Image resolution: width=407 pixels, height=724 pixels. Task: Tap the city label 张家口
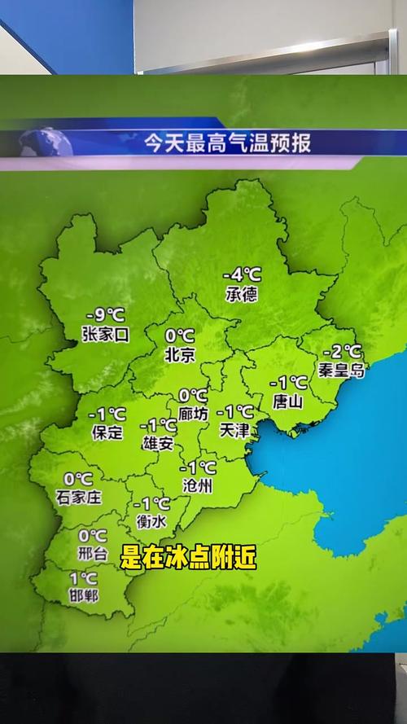106,334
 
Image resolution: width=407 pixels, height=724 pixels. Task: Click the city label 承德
242,294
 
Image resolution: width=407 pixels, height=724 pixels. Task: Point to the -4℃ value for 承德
242,276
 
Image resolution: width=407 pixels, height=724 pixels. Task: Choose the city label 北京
179,354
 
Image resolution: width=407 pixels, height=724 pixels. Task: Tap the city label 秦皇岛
342,370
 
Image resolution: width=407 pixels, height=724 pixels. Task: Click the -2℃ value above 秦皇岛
342,352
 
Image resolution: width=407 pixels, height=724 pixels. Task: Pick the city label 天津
234,431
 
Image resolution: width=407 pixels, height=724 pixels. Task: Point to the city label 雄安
157,443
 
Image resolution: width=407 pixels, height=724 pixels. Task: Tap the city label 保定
107,432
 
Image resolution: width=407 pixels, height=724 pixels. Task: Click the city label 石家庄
78,497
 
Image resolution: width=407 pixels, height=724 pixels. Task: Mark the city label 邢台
92,554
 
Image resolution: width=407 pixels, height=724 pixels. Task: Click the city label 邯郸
83,596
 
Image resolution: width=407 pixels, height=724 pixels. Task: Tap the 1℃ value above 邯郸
83,578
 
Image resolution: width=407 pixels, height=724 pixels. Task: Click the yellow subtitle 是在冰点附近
188,557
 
